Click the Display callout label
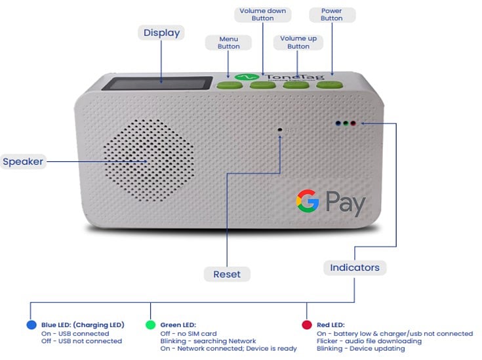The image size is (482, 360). [x=161, y=33]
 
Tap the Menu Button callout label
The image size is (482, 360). [x=229, y=43]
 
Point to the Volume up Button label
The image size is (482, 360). [x=298, y=43]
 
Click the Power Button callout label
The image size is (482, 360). [x=331, y=15]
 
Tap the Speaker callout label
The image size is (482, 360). [x=23, y=161]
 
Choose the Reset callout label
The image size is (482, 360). [x=227, y=274]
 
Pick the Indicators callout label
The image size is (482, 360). [x=354, y=268]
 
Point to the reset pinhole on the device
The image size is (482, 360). [x=280, y=130]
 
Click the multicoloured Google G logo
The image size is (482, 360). [x=307, y=201]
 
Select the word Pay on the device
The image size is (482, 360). [x=345, y=203]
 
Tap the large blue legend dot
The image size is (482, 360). [x=31, y=325]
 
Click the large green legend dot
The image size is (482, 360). [x=150, y=325]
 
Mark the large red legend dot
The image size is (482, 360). [x=306, y=325]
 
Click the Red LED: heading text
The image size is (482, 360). [x=330, y=325]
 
